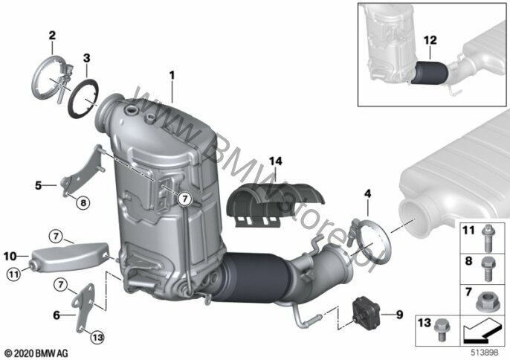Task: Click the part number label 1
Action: coord(172,76)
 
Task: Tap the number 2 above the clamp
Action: coord(52,35)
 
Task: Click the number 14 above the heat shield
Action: coord(276,161)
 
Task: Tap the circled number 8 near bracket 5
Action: coord(83,203)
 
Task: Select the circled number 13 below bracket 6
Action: coord(97,338)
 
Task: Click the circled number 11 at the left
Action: coord(13,274)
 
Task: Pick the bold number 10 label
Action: coord(10,256)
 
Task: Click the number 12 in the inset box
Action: coord(430,40)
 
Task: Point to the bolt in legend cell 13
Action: coord(442,330)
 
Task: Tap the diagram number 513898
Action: coord(485,352)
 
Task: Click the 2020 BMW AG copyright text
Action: coord(36,353)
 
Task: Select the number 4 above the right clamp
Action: coord(367,193)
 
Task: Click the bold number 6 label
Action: coord(57,315)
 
